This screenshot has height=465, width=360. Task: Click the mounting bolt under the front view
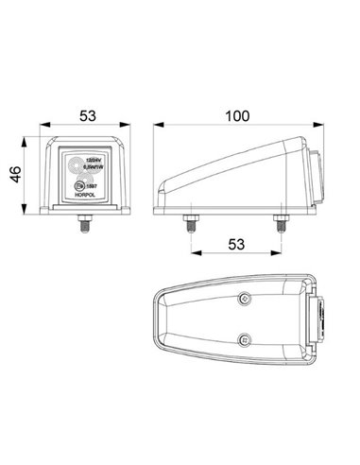(x=83, y=228)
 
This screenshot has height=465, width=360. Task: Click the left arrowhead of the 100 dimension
(x=158, y=127)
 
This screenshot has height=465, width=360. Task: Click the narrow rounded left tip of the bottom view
(x=157, y=319)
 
